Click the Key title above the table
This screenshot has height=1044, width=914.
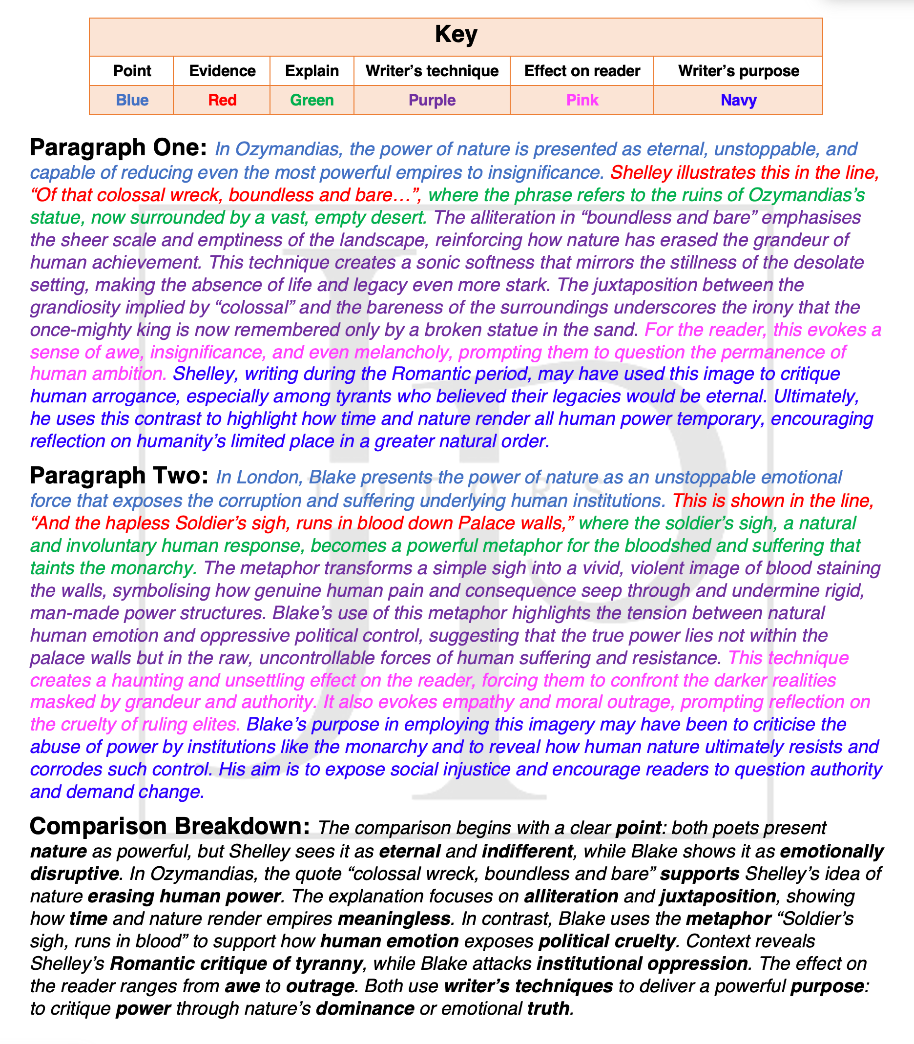point(456,35)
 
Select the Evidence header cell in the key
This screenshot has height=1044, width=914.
point(222,71)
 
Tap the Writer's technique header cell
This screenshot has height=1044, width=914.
point(432,71)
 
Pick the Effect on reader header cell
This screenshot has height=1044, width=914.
point(582,71)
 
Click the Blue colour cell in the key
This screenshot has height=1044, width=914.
point(132,100)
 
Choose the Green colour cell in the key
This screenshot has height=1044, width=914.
point(312,100)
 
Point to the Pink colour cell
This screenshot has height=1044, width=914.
point(582,100)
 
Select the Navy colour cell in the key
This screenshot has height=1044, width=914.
point(738,100)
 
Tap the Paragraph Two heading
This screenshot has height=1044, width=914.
point(119,476)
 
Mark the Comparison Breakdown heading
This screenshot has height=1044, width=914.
point(170,826)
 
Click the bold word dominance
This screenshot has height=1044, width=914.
point(365,1008)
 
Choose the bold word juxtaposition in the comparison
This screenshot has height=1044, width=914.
point(718,896)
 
